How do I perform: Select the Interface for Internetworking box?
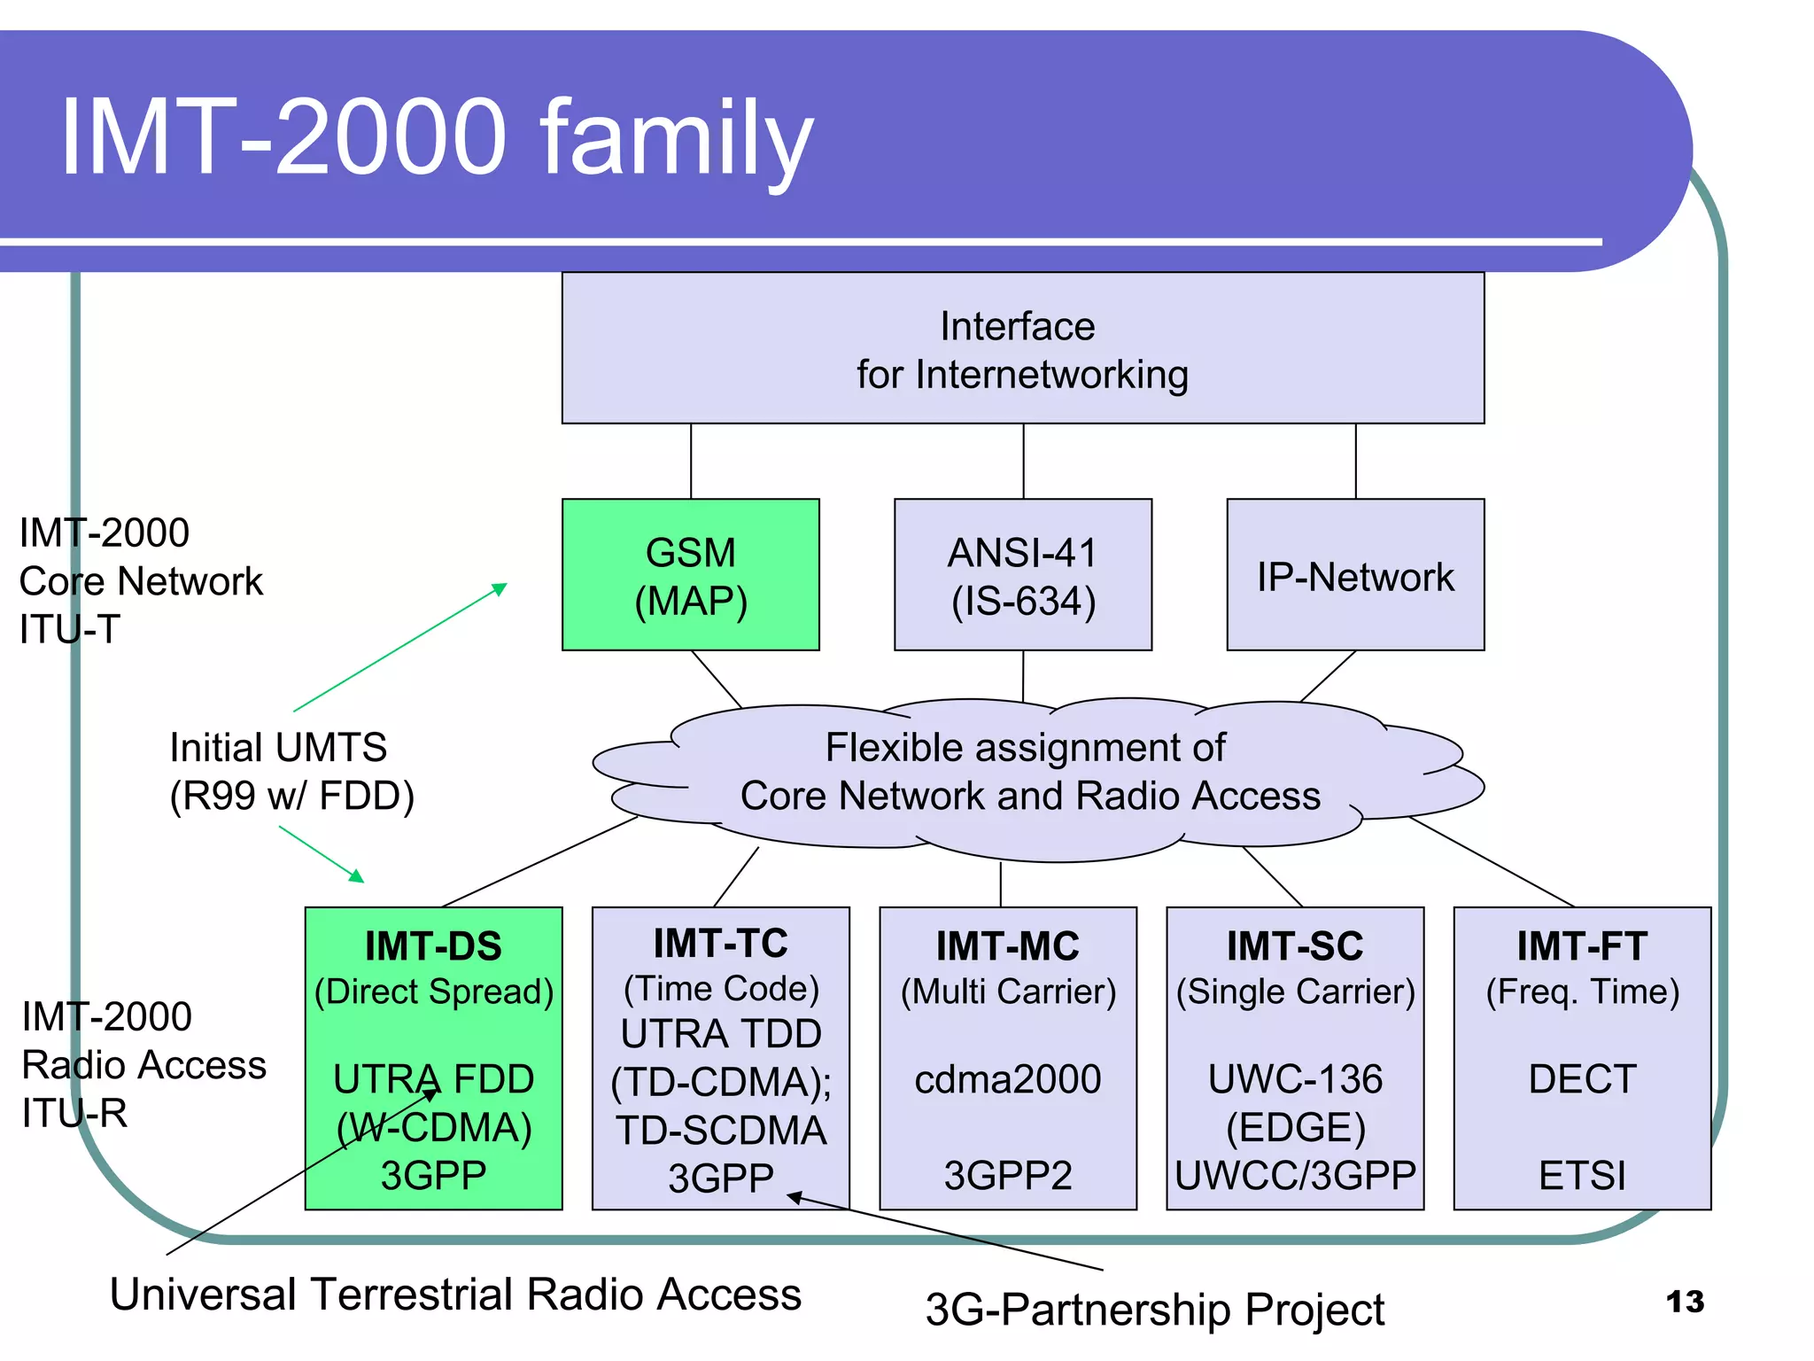[x=1022, y=348]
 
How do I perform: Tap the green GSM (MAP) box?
[x=690, y=575]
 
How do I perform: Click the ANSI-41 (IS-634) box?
[x=1022, y=575]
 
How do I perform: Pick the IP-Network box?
[x=1354, y=576]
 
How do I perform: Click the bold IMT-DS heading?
[x=433, y=946]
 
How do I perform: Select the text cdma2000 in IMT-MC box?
[x=1007, y=1079]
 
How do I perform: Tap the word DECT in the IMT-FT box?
[x=1582, y=1079]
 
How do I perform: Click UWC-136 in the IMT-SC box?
[x=1295, y=1079]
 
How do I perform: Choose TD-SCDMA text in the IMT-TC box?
[x=721, y=1131]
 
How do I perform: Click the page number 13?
[x=1684, y=1302]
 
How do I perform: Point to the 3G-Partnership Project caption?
[x=1154, y=1310]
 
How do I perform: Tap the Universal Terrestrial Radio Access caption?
[x=455, y=1294]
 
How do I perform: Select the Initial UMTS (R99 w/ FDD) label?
[x=291, y=771]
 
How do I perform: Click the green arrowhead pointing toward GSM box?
[x=500, y=588]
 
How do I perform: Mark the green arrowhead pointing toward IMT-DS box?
[x=357, y=876]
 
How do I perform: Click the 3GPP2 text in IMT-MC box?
[x=1007, y=1176]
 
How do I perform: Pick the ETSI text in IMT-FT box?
[x=1582, y=1176]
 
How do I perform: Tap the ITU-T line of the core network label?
[x=69, y=630]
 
